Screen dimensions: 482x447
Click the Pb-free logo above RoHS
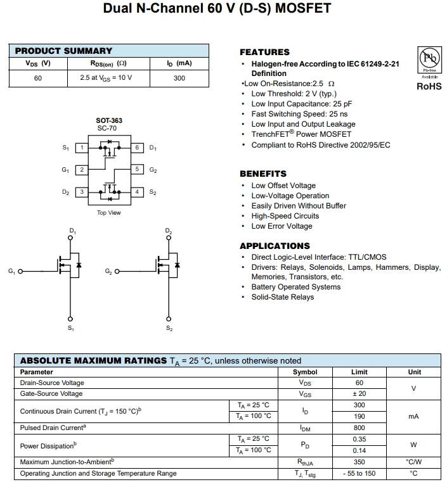[x=429, y=61]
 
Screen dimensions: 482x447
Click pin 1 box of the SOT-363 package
[x=81, y=148]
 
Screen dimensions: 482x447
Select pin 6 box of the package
[x=137, y=148]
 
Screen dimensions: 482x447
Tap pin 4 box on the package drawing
[x=137, y=192]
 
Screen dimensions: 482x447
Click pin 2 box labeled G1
[x=81, y=170]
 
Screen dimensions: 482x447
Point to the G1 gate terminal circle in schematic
[x=20, y=272]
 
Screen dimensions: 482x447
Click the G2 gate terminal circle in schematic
[x=117, y=272]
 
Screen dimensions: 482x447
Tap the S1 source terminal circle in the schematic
[x=70, y=318]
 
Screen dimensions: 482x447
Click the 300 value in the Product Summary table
[x=179, y=78]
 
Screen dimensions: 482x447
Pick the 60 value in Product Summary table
[x=38, y=78]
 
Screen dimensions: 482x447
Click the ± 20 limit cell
[x=360, y=393]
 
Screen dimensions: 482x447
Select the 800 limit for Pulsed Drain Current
[x=360, y=428]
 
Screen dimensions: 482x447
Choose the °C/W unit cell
[x=414, y=462]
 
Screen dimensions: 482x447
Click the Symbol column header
[x=305, y=372]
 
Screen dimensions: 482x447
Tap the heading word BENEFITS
[x=263, y=174]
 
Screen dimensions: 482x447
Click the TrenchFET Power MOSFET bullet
[x=301, y=134]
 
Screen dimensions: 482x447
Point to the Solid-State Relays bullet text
[x=282, y=297]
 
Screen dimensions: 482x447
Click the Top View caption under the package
[x=109, y=213]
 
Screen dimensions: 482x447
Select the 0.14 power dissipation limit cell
[x=360, y=450]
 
